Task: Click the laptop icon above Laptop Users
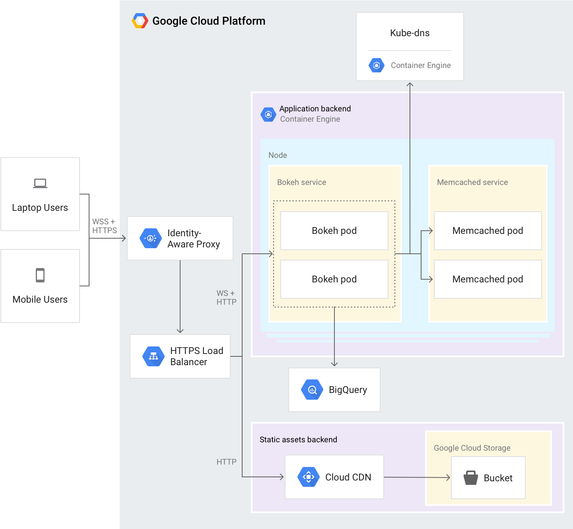40,183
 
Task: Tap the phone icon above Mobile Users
40,275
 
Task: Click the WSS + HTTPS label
105,226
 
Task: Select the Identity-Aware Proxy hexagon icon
151,238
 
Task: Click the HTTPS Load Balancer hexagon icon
153,356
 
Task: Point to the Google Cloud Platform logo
140,21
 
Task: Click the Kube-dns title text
410,33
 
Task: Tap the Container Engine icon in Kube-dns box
377,65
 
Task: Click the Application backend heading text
315,109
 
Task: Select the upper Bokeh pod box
334,231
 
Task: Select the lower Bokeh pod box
334,279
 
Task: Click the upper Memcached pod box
488,231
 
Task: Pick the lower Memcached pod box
488,279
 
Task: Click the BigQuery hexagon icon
312,390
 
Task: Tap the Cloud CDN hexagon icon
309,477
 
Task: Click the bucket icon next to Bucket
471,478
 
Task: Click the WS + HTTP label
226,298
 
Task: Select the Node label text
278,155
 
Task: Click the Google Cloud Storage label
472,448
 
